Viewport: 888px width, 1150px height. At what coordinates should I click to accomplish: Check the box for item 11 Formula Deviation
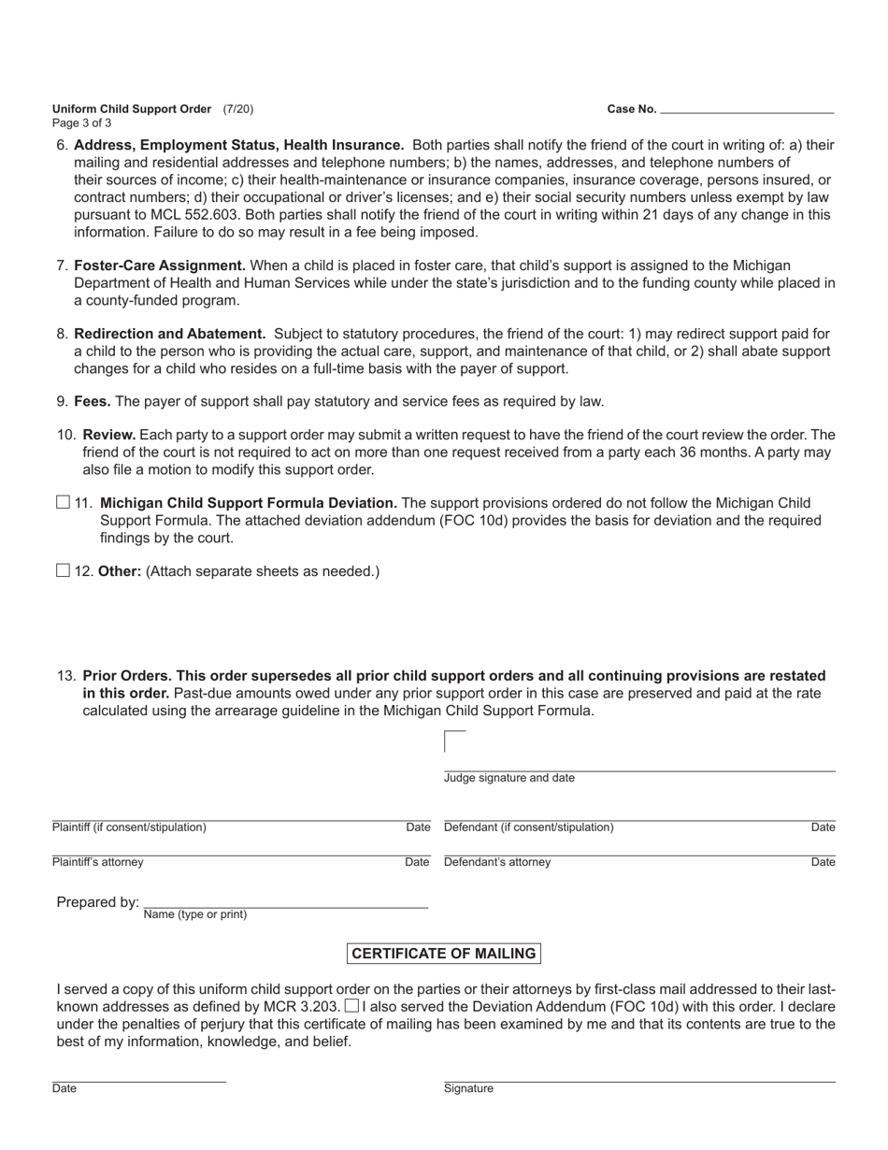pos(64,503)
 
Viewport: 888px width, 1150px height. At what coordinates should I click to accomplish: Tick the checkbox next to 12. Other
pos(64,570)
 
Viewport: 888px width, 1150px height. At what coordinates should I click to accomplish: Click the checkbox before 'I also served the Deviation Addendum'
pos(351,1006)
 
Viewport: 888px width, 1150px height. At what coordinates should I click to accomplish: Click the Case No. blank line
pos(747,108)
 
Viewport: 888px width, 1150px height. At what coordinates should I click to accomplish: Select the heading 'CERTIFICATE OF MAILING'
pos(443,954)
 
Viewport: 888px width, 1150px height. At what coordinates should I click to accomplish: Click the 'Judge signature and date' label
pos(509,778)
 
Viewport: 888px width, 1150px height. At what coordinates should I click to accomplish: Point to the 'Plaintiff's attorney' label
pos(98,862)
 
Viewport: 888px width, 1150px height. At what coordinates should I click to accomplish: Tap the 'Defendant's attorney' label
pos(497,862)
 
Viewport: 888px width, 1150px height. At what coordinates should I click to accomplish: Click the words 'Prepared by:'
pos(97,902)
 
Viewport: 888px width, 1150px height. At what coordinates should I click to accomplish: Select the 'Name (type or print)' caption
pos(195,914)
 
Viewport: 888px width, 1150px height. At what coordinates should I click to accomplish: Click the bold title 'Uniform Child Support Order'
pos(132,108)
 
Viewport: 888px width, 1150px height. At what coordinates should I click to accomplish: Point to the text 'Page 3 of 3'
pos(82,122)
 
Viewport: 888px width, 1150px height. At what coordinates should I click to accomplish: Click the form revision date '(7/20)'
pos(237,108)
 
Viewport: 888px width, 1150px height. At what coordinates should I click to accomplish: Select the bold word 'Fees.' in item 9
pos(93,401)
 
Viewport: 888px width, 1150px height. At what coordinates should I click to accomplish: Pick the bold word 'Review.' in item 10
pos(109,435)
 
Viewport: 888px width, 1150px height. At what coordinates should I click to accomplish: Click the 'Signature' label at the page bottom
pos(468,1088)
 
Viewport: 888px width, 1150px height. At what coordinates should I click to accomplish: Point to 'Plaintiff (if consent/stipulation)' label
pos(130,827)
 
